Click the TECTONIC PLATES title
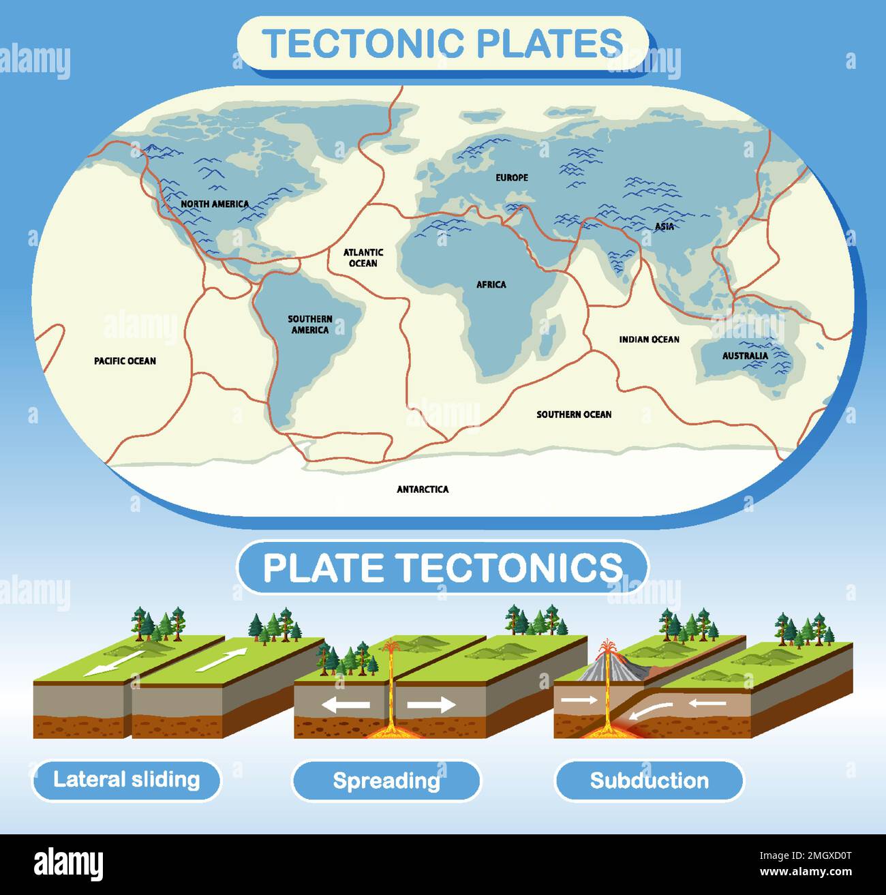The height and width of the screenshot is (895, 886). click(x=442, y=43)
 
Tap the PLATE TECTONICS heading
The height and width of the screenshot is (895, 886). click(x=442, y=567)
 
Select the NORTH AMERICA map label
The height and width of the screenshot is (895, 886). click(x=215, y=204)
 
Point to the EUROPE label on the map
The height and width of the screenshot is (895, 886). click(x=512, y=177)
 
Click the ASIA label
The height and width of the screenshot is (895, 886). click(x=664, y=226)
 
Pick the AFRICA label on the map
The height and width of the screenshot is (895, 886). click(x=491, y=284)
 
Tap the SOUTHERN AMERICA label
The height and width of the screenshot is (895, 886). click(x=310, y=324)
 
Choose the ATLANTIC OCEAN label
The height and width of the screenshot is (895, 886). click(x=363, y=258)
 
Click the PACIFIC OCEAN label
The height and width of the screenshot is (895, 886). click(x=125, y=361)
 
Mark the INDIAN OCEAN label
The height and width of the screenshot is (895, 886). click(x=649, y=339)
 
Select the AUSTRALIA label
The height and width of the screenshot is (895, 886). click(x=745, y=355)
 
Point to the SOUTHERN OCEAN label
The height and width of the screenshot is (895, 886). click(x=574, y=414)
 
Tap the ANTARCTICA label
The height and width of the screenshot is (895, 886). click(x=423, y=489)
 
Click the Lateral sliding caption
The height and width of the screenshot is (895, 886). click(x=127, y=780)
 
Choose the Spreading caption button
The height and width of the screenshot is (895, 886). click(x=386, y=780)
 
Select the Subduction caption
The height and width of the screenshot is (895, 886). click(x=649, y=780)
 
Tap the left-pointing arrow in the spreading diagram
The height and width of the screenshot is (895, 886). click(x=346, y=705)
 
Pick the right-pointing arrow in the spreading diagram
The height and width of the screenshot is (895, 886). click(x=431, y=705)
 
